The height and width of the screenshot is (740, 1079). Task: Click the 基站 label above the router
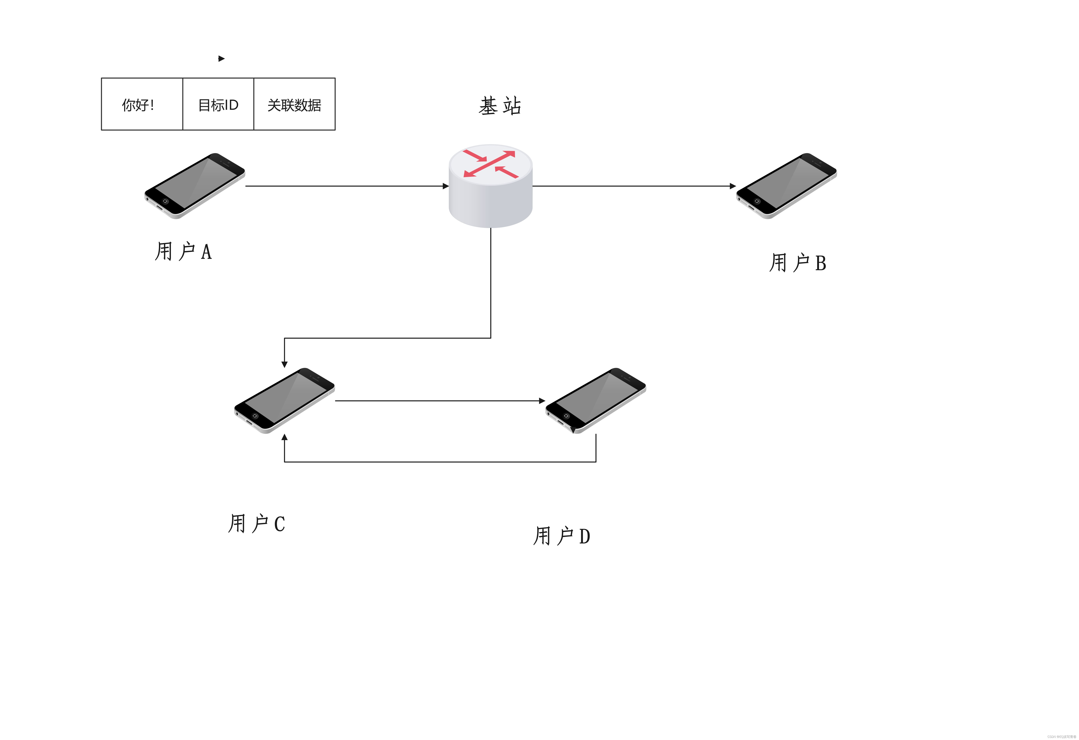(x=500, y=106)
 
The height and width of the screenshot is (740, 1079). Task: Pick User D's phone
(x=596, y=400)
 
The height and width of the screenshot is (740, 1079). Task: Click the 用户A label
(x=183, y=251)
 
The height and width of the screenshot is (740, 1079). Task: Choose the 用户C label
(x=256, y=523)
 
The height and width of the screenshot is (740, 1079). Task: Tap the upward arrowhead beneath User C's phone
(x=285, y=437)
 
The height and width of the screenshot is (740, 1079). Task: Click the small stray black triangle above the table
(x=221, y=59)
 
